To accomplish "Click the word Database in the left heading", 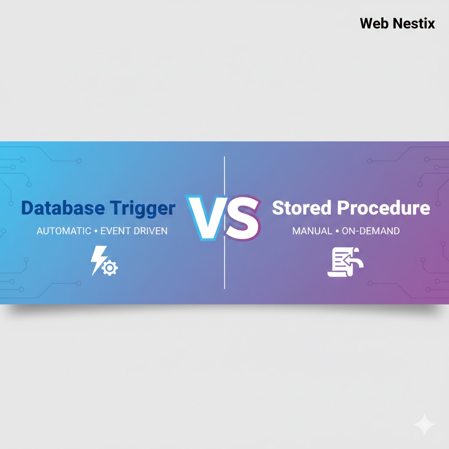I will click(x=57, y=208).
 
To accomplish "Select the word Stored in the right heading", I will click(x=302, y=208).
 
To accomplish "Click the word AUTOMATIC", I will click(x=64, y=231).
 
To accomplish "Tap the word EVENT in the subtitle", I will click(x=115, y=231).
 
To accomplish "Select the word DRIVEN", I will click(x=150, y=231).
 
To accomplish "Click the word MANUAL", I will click(x=312, y=231).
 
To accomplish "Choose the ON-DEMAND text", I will click(x=371, y=231).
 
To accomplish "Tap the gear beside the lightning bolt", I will click(x=110, y=268).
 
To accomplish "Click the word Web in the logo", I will click(x=374, y=23).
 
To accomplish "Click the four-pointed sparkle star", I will click(x=424, y=424).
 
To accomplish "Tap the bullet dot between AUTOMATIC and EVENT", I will click(x=95, y=231).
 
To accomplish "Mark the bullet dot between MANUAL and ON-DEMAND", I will click(x=337, y=231).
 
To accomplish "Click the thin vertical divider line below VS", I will click(x=224, y=267).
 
